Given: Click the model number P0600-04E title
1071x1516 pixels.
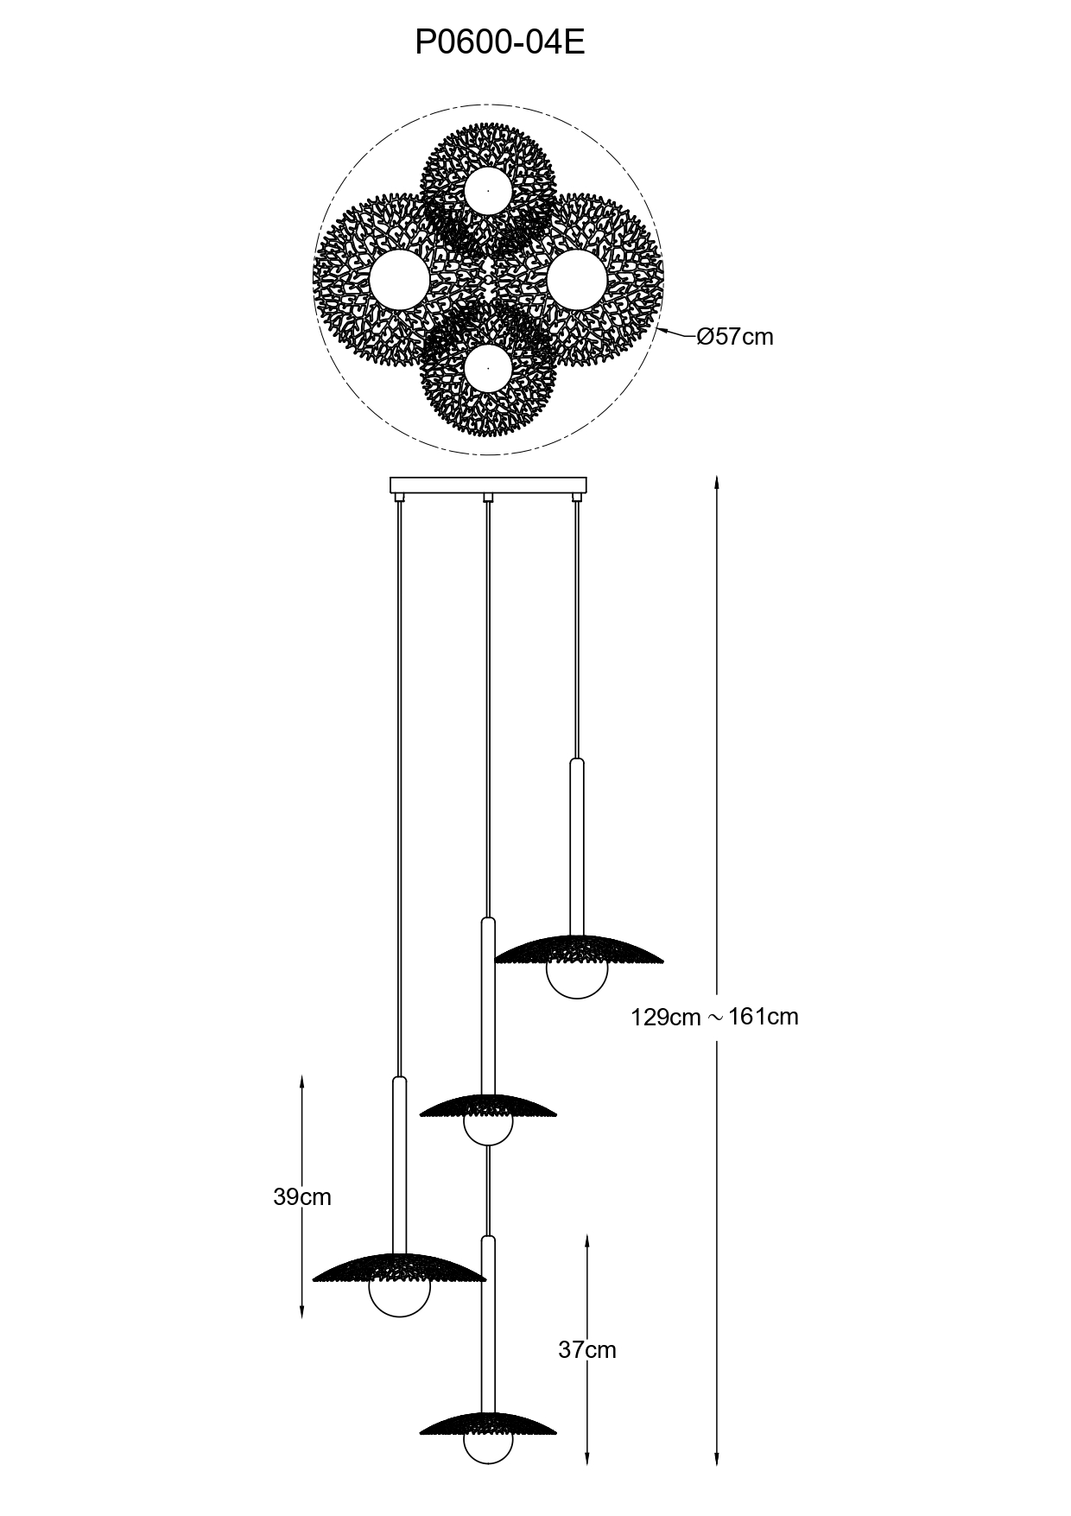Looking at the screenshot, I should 500,42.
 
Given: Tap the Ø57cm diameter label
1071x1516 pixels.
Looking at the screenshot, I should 735,337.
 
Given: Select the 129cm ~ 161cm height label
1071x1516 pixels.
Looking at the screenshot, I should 714,1017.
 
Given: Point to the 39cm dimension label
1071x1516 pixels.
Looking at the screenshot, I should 302,1196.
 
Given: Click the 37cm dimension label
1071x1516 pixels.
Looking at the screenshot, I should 587,1349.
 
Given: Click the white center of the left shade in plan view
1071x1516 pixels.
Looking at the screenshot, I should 400,279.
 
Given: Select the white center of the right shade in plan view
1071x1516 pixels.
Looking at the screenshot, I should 577,278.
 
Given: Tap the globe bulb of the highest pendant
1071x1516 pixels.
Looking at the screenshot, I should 577,980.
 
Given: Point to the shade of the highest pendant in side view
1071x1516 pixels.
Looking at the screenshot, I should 579,949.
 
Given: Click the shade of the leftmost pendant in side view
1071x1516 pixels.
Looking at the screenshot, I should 399,1267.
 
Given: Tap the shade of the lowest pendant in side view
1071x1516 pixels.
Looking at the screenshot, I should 488,1424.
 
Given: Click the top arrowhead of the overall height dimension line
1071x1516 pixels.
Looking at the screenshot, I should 716,480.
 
